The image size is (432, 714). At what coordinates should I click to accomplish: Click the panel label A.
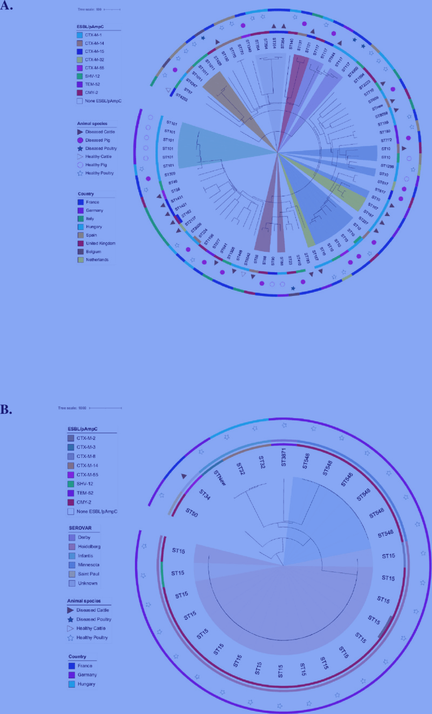[x=6, y=8]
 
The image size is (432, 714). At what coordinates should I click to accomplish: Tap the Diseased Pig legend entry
[x=98, y=140]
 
